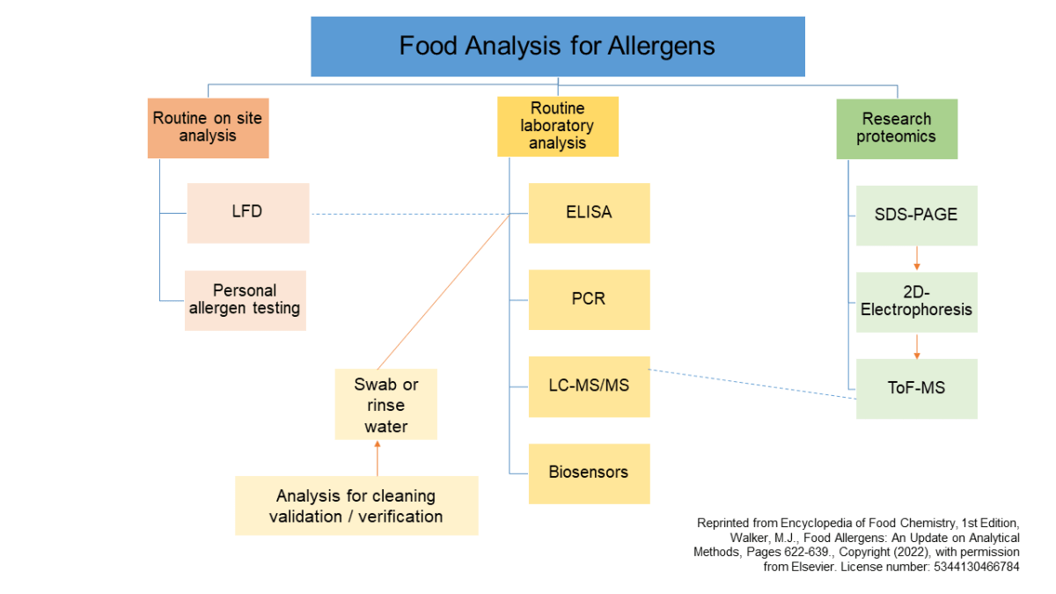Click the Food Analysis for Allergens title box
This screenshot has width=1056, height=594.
(x=557, y=46)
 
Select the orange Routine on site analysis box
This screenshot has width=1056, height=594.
(x=208, y=127)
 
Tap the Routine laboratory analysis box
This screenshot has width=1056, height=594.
(x=558, y=126)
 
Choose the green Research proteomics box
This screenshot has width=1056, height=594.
(x=896, y=128)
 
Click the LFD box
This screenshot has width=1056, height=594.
(x=247, y=212)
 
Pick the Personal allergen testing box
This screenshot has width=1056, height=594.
(x=245, y=300)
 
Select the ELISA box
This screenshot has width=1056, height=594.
(x=589, y=212)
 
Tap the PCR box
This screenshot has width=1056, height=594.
(x=589, y=299)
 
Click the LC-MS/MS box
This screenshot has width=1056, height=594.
(x=589, y=385)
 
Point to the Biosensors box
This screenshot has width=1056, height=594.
(x=589, y=473)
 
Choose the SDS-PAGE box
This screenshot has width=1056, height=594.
(x=916, y=215)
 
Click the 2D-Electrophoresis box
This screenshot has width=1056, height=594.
(x=916, y=301)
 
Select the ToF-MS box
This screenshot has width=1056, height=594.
(x=916, y=388)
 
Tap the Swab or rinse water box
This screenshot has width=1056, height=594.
(x=385, y=404)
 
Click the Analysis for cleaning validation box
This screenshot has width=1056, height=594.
(x=356, y=505)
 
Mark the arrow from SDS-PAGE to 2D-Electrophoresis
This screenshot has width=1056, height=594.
(x=917, y=258)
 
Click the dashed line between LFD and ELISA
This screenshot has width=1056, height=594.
(x=409, y=214)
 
